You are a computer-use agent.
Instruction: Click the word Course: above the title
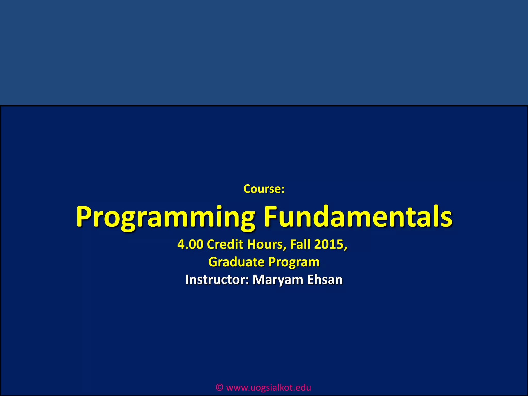coord(264,189)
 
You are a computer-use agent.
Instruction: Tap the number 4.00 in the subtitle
coord(190,244)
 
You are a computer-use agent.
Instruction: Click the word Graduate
coord(236,262)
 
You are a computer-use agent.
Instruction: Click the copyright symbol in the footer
coord(219,387)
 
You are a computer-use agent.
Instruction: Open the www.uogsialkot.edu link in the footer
coord(268,387)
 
